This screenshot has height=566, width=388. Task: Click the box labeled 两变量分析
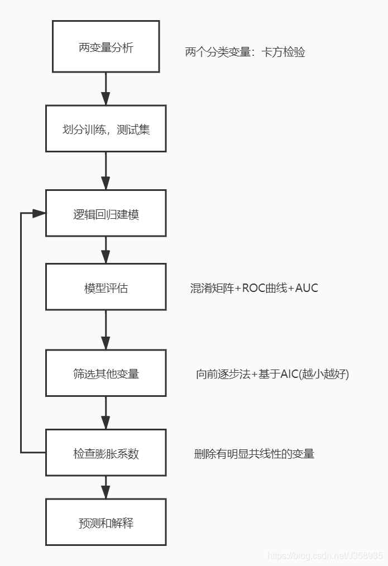click(x=106, y=47)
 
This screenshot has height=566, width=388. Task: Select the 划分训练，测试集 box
click(x=106, y=129)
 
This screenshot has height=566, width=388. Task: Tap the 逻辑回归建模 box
click(x=106, y=213)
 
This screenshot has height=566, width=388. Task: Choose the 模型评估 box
click(x=106, y=287)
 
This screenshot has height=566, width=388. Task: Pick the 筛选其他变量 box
click(x=106, y=373)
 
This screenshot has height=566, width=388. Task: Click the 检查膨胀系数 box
click(x=106, y=453)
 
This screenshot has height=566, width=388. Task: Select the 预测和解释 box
click(x=106, y=522)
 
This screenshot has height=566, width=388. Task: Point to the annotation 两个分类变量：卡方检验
click(x=245, y=52)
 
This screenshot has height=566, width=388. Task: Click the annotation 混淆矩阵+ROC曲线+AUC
click(x=254, y=288)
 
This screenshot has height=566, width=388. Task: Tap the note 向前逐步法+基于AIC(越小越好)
click(x=272, y=374)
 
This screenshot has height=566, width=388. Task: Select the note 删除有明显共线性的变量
click(x=254, y=454)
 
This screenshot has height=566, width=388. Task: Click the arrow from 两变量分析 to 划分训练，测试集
click(x=106, y=89)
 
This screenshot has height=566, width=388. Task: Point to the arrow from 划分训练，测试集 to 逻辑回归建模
click(x=106, y=171)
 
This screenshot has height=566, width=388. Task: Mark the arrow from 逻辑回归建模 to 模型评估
click(x=106, y=250)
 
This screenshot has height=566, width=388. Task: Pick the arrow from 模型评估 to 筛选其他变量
click(x=106, y=330)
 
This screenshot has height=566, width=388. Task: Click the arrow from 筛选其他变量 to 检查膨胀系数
click(x=106, y=413)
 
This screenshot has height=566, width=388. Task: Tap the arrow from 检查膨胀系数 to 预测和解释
click(x=106, y=487)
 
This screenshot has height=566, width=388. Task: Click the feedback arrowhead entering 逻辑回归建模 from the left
click(x=38, y=213)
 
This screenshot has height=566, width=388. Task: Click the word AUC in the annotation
click(x=306, y=288)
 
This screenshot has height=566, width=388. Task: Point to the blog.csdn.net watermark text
click(x=325, y=556)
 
